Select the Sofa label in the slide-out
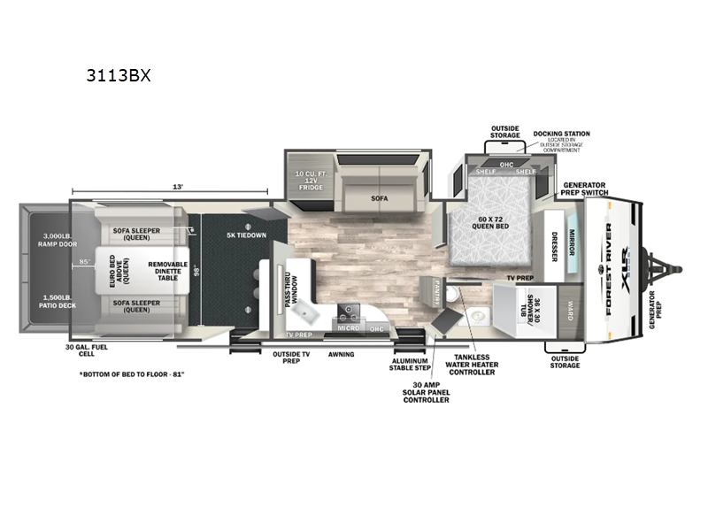click(380, 199)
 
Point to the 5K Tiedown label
click(246, 235)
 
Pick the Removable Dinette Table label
click(167, 270)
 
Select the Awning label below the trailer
click(341, 354)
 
